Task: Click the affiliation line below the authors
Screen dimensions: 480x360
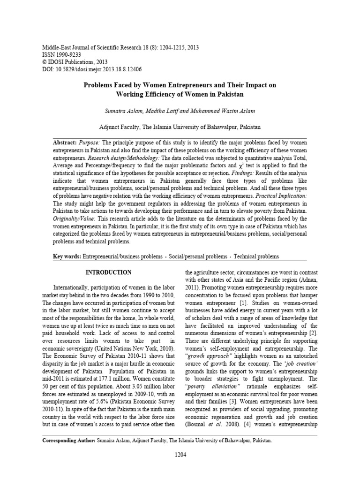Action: click(180, 127)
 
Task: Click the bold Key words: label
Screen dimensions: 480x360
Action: click(67, 256)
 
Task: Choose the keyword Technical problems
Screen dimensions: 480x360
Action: click(256, 256)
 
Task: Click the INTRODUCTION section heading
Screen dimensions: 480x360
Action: click(108, 272)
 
